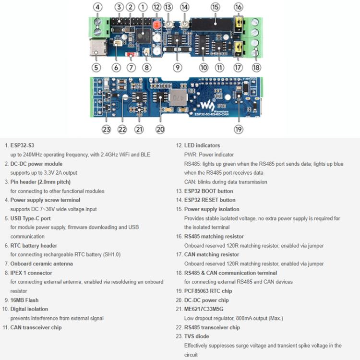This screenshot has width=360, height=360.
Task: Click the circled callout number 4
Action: pos(97,7)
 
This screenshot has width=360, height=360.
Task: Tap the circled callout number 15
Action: pos(215,7)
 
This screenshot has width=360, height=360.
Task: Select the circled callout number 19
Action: pos(239,129)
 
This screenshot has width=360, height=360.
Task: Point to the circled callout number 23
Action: pos(106,129)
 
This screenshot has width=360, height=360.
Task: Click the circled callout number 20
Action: pos(160,129)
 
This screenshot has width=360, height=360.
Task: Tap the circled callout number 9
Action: pos(177,68)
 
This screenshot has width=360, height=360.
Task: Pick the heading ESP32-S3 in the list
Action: pos(22,145)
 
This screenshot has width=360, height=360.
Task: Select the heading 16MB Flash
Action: pos(24,300)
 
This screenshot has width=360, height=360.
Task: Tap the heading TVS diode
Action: pos(196,336)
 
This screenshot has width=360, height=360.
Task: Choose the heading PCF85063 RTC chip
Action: pos(208,291)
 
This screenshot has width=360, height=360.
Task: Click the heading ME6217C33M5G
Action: pos(204,309)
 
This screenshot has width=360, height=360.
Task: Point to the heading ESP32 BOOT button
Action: pos(209,191)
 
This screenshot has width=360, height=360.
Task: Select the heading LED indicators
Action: pos(202,145)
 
